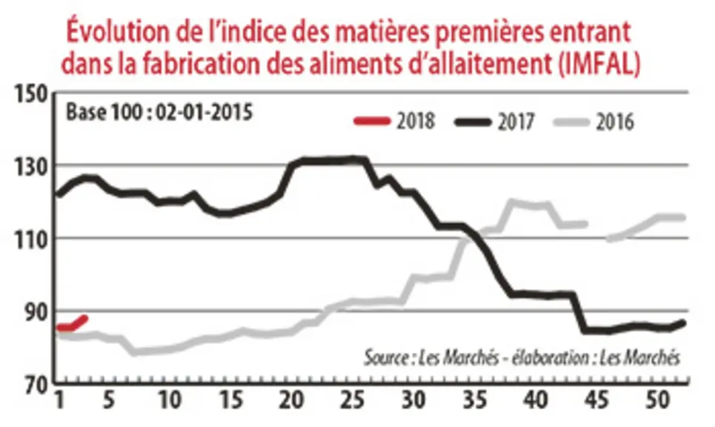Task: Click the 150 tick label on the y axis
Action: pos(31,95)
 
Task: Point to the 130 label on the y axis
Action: pos(31,168)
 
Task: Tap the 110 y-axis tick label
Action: pos(31,239)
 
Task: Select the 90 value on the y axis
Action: pos(36,311)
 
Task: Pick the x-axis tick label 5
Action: pos(108,401)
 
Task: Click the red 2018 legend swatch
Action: pos(373,122)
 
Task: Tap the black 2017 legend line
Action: pos(473,122)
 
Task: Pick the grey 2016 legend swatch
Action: pos(572,122)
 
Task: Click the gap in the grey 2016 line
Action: pos(597,231)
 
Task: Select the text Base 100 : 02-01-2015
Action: pos(159,112)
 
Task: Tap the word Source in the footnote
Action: pos(386,357)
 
